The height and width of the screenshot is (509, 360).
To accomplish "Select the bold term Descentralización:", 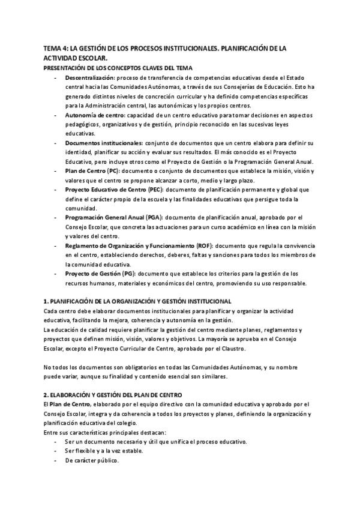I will coord(90,78).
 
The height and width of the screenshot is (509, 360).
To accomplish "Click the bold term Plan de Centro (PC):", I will coord(94,171).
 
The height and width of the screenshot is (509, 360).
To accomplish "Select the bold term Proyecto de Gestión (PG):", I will coord(100,274).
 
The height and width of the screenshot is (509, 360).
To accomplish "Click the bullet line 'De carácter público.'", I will coord(92,460).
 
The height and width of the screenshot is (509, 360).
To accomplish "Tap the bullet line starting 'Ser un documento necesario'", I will coord(156,442).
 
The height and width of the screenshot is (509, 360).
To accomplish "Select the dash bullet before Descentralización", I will coord(56,78).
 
